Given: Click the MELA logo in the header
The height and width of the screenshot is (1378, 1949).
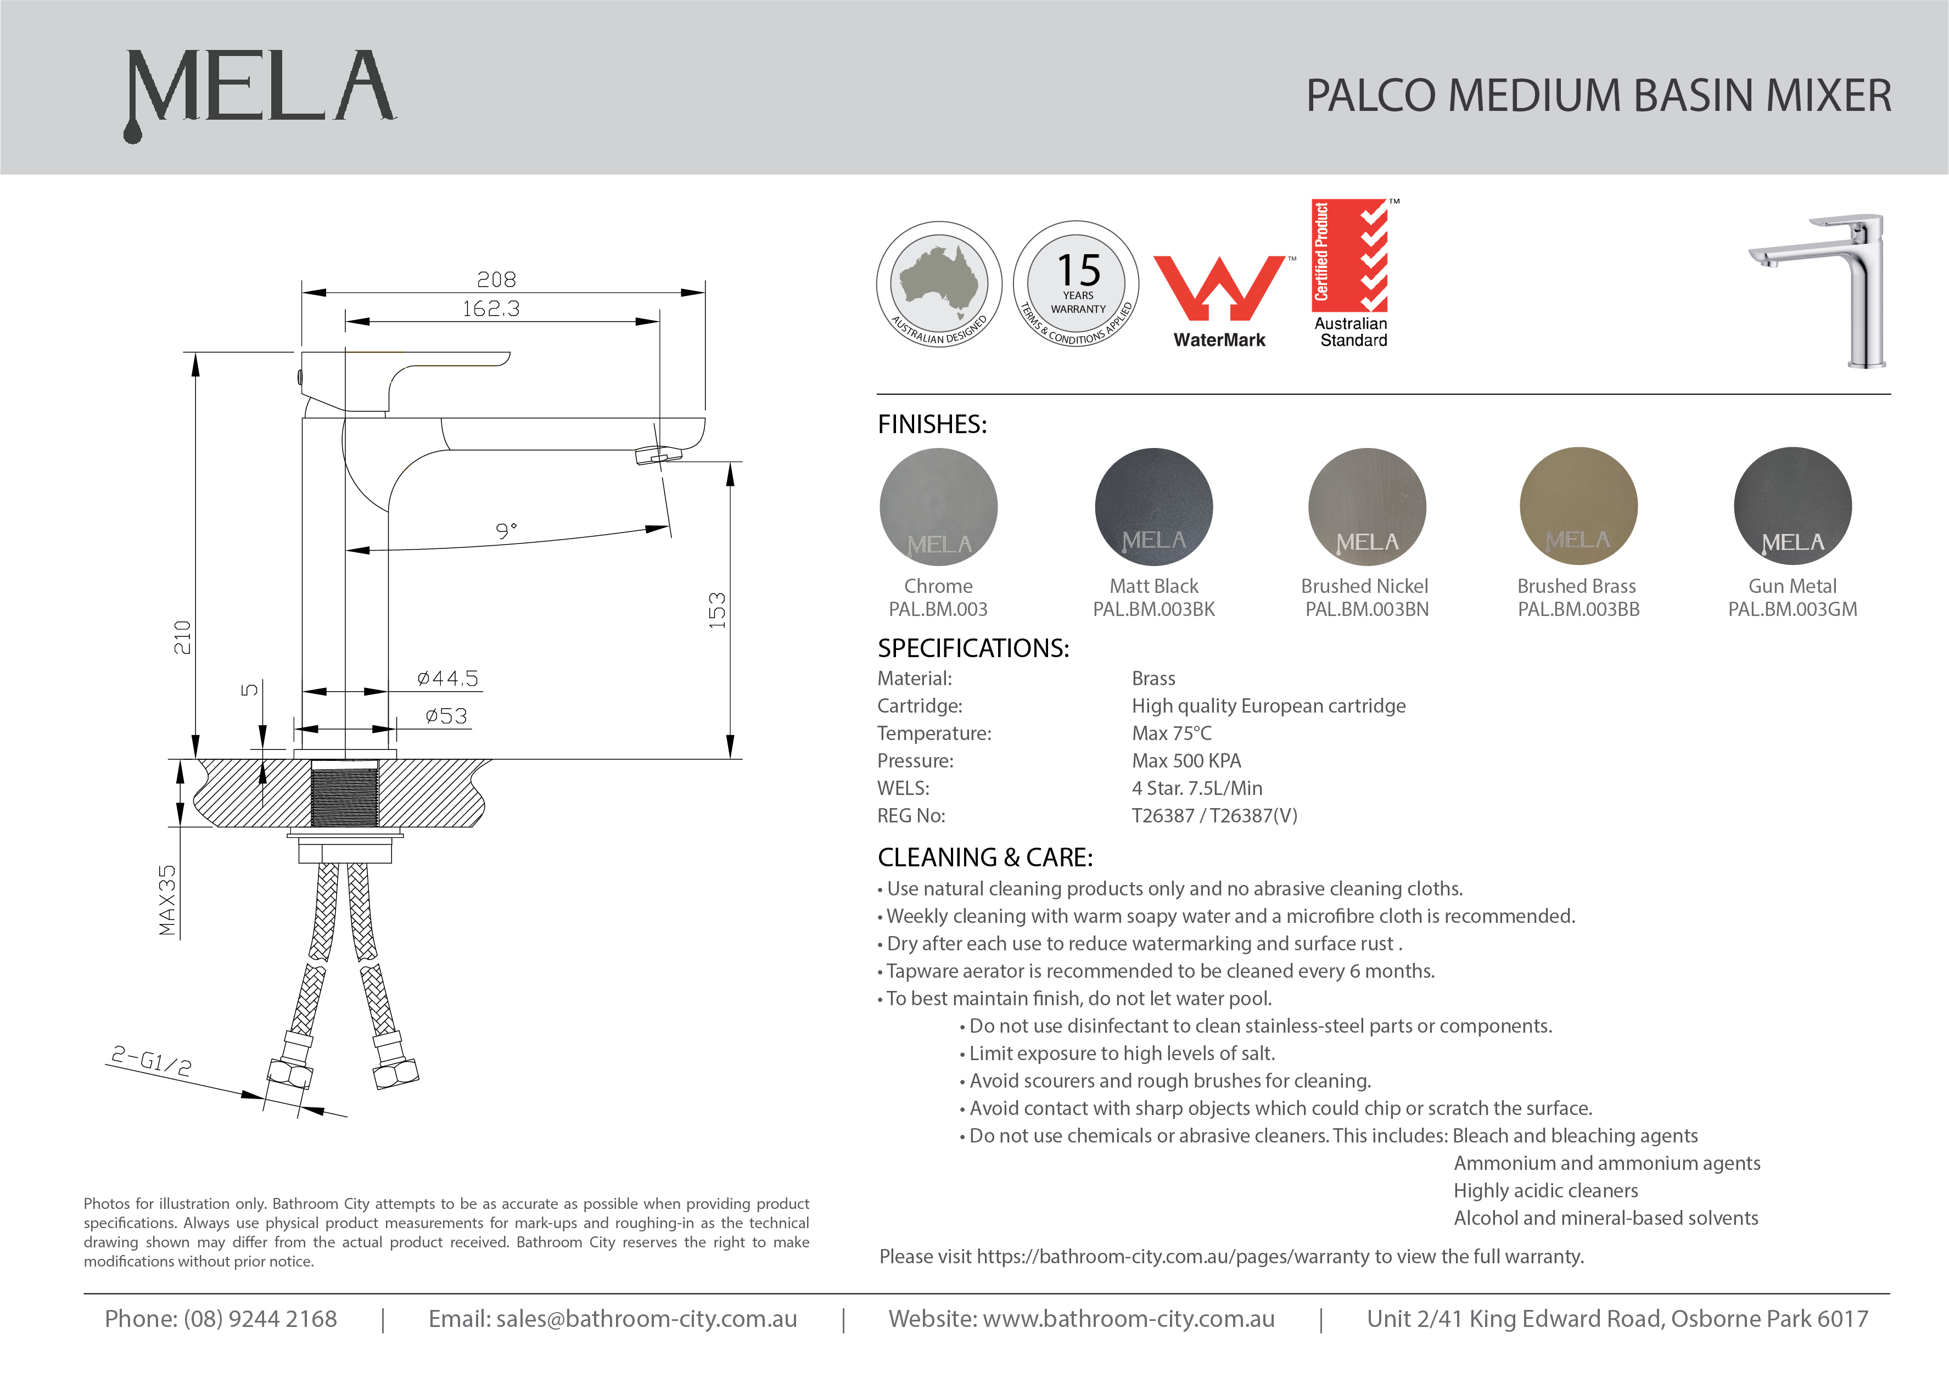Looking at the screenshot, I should coord(259,89).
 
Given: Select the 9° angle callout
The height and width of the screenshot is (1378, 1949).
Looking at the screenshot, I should coord(506,531).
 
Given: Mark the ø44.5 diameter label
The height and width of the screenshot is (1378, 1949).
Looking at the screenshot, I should coord(447,679).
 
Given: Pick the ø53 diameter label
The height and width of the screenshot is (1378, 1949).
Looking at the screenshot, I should coord(446,716).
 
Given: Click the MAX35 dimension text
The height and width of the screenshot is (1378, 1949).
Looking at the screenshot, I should coord(168,900).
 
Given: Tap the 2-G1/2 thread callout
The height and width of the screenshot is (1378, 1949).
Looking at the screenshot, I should coord(151,1061).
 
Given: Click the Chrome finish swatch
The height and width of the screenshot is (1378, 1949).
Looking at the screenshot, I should coord(938,507).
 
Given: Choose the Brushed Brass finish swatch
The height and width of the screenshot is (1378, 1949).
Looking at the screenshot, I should coord(1578,507).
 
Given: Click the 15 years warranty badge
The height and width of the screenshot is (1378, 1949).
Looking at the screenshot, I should coord(1077,284).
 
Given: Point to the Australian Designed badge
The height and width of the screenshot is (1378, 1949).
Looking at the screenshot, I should coord(939,284).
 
